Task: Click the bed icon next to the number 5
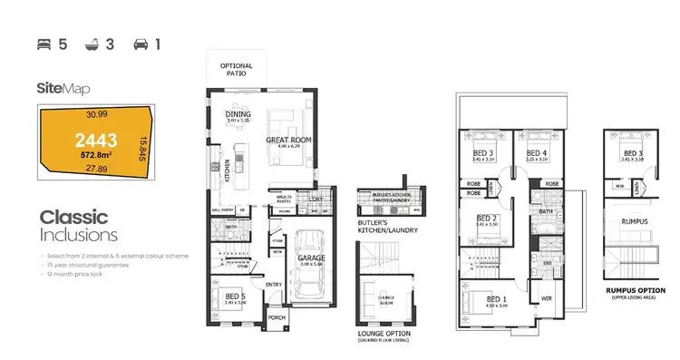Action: pyautogui.click(x=43, y=43)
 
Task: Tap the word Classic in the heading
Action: pyautogui.click(x=73, y=218)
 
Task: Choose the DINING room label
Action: pyautogui.click(x=238, y=114)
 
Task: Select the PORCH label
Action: pyautogui.click(x=277, y=317)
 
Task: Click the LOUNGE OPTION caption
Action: pyautogui.click(x=384, y=333)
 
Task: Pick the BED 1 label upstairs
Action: pyautogui.click(x=496, y=298)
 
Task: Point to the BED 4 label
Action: pyautogui.click(x=537, y=152)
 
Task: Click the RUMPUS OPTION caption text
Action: pyautogui.click(x=635, y=291)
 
